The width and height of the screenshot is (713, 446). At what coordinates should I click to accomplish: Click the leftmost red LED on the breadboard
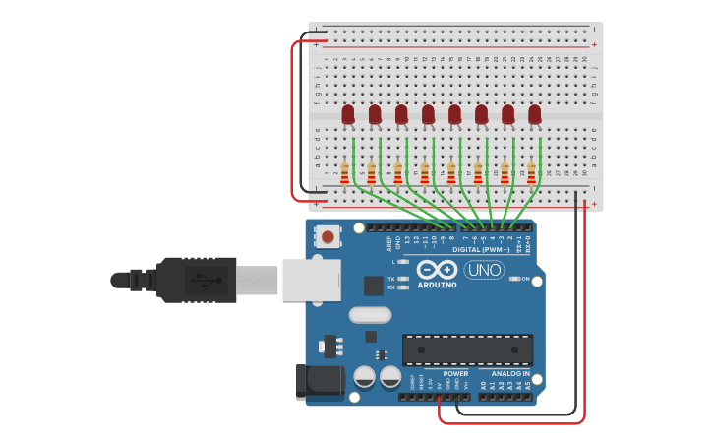[x=348, y=115]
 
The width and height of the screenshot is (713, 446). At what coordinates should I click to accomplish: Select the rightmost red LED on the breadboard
[x=534, y=115]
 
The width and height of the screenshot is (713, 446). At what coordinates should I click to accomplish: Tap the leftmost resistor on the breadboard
[x=344, y=173]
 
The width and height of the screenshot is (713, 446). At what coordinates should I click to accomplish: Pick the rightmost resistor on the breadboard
[x=531, y=173]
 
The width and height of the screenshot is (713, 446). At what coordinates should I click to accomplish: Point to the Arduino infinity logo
[x=436, y=270]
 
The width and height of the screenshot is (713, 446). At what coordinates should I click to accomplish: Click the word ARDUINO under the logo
[x=437, y=286]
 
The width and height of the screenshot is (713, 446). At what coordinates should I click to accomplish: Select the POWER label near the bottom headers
[x=455, y=374]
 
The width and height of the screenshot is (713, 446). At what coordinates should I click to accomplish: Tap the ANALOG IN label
[x=510, y=374]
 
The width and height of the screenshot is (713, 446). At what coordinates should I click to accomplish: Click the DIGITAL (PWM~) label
[x=480, y=249]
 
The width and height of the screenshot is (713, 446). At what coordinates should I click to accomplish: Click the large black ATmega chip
[x=467, y=350]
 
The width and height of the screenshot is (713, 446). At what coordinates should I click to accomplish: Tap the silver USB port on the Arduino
[x=311, y=280]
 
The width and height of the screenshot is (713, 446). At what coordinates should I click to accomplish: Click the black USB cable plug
[x=196, y=280]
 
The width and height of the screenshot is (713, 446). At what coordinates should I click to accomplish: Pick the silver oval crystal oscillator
[x=370, y=315]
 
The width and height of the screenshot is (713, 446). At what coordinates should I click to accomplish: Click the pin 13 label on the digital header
[x=406, y=239]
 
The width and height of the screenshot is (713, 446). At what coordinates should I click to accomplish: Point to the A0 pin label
[x=483, y=386]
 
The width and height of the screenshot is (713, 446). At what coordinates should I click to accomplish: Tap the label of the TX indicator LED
[x=390, y=279]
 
